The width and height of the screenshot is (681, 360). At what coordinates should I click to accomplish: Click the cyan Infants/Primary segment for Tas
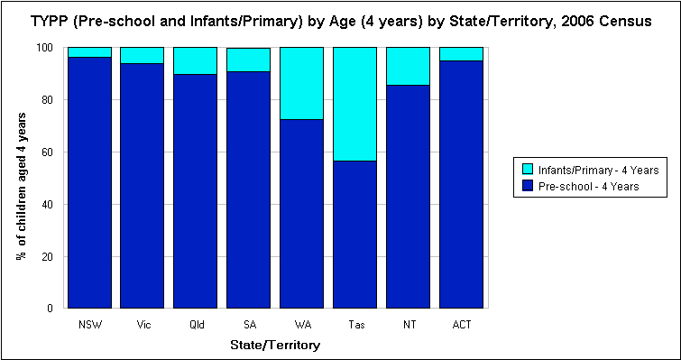coord(354,104)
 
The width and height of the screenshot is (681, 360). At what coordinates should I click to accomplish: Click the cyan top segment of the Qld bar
coord(195,60)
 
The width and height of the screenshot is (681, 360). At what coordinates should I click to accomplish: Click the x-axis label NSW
coord(89,323)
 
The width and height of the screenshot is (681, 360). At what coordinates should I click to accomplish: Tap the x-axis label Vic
coord(142,323)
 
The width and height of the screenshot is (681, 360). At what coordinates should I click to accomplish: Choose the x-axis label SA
coord(248,323)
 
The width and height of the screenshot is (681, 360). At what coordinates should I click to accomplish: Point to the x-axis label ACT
coord(461,323)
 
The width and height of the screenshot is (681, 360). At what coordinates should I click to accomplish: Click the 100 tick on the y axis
coord(48,47)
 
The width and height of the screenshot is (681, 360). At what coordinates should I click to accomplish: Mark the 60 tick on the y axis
coord(51,152)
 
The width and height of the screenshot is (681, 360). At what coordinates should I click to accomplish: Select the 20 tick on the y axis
coord(51,256)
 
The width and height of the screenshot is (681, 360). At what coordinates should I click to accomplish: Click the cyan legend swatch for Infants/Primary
coord(528,168)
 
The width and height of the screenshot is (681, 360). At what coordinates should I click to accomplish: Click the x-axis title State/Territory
coord(275,345)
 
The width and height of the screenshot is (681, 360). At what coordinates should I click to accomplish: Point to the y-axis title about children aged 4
coord(20,178)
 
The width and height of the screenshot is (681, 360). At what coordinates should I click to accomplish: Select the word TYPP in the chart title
coord(51,21)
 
